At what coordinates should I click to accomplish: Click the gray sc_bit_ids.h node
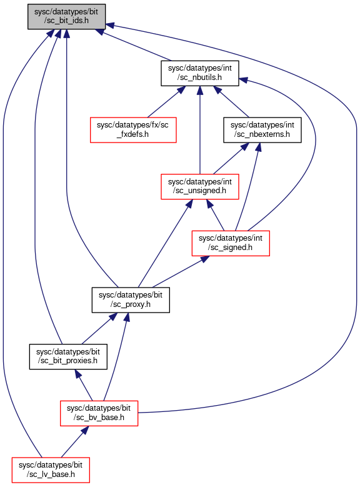66,17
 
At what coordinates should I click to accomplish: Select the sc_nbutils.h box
200,73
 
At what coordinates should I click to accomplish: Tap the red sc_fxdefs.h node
133,130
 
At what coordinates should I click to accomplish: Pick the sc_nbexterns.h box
262,130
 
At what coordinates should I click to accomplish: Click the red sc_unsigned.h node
200,187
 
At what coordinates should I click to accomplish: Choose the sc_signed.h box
231,243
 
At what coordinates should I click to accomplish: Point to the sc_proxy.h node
131,299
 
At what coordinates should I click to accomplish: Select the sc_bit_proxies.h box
68,356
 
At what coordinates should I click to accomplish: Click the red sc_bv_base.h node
99,413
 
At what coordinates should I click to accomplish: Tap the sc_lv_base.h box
51,470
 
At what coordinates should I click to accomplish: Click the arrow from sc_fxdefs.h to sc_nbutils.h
166,101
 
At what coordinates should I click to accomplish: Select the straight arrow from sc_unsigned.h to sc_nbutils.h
200,130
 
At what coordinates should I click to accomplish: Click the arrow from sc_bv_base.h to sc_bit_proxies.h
84,385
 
